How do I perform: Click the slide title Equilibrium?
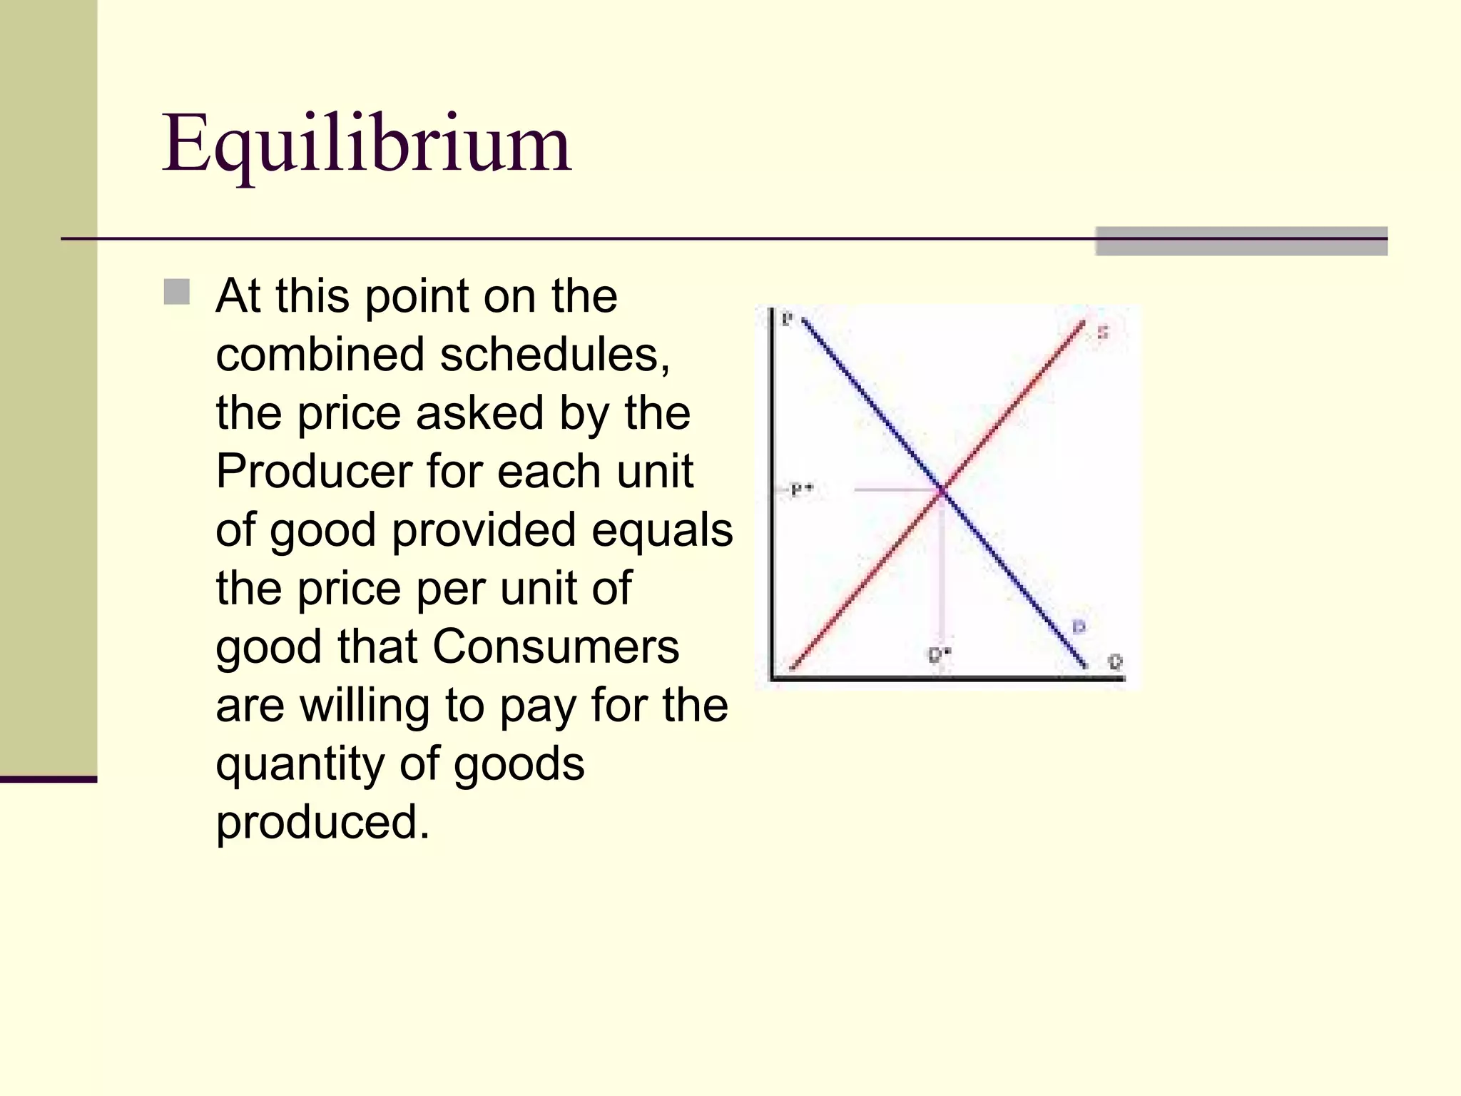366,145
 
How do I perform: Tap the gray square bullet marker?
176,292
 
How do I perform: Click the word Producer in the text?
314,472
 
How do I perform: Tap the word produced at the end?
322,823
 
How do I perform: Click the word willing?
365,706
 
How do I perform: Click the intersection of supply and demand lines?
942,490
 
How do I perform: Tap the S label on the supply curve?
1102,333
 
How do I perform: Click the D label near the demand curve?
1079,627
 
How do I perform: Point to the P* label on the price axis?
802,489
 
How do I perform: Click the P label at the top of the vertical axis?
787,319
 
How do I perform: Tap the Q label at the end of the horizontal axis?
1116,661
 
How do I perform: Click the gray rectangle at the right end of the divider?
1241,241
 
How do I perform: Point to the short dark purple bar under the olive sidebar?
48,779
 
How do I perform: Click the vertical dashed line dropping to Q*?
942,571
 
